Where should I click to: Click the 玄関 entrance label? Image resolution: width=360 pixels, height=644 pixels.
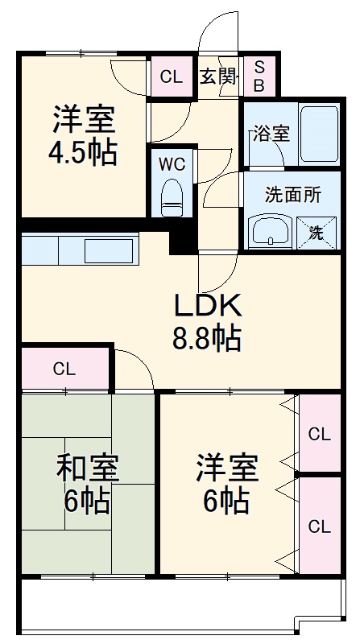[218, 76]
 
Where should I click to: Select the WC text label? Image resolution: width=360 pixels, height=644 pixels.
[172, 164]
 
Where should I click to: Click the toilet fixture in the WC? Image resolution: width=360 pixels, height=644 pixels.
[172, 197]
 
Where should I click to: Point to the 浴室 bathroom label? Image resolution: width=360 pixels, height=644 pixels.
[271, 134]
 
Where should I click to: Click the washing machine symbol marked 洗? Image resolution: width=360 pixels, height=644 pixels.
[317, 233]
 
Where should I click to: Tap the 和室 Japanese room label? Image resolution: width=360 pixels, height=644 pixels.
[88, 469]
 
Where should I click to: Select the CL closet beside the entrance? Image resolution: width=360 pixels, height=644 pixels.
[171, 77]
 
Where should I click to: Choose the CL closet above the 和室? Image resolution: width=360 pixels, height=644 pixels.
[64, 369]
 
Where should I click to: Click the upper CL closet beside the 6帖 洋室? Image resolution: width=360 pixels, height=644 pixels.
[320, 435]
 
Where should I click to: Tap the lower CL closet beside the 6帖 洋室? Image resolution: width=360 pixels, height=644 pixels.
[320, 527]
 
